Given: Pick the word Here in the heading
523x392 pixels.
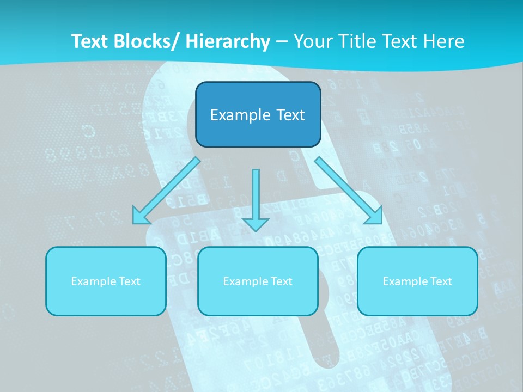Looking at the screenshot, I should click(445, 41).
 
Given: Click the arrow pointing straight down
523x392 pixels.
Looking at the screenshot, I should click(256, 199).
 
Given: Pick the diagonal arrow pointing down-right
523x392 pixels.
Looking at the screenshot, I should click(348, 190).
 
